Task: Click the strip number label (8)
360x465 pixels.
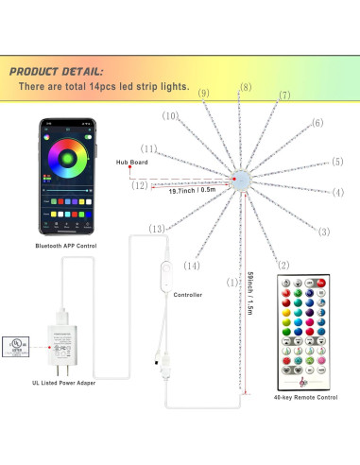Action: point(246,87)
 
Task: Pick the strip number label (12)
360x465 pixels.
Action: point(141,185)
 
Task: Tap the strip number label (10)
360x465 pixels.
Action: point(169,116)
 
